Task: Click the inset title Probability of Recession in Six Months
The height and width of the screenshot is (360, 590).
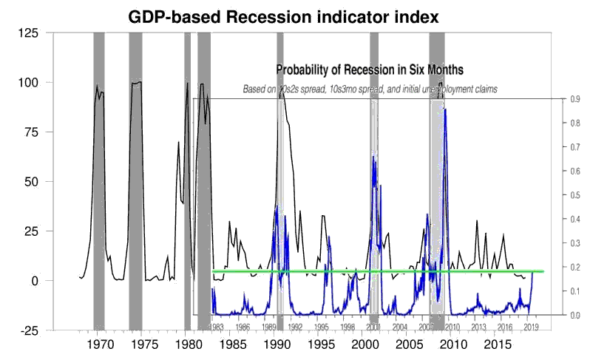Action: pos(370,69)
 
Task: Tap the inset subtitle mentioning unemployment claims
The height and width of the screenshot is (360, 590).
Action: pos(370,89)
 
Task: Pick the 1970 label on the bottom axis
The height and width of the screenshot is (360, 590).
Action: pos(99,344)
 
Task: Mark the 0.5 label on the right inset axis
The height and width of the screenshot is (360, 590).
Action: pos(555,195)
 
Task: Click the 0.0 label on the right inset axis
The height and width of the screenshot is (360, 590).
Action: pos(555,315)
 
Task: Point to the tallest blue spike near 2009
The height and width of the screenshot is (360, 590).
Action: pos(445,111)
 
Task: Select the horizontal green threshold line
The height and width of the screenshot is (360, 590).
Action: pos(377,271)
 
